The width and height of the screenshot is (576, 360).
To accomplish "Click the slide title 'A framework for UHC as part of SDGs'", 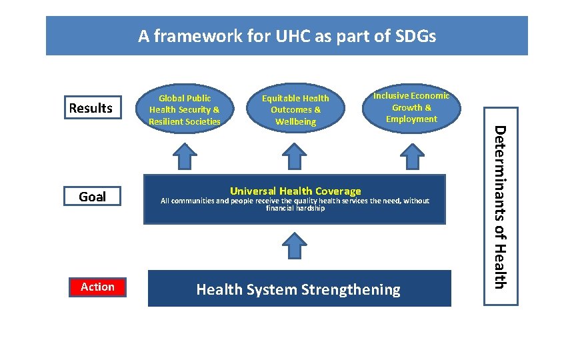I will (x=287, y=36).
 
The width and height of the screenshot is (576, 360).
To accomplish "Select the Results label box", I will (x=92, y=108).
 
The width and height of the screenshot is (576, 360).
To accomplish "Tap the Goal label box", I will (x=92, y=196).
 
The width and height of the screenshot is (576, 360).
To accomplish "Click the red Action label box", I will (x=97, y=287).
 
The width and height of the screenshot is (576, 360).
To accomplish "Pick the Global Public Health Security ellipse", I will (x=185, y=110).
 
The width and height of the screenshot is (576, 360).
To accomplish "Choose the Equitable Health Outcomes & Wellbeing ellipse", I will (x=295, y=110).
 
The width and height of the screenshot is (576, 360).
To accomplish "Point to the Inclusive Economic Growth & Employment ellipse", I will (x=411, y=107).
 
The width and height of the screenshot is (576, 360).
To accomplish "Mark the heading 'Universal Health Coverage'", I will (x=295, y=191).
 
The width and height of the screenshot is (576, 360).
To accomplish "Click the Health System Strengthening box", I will (x=299, y=289).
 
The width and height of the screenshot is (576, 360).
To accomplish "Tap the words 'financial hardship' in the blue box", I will (x=295, y=209).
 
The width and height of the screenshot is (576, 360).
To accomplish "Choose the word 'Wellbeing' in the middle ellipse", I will (x=295, y=122).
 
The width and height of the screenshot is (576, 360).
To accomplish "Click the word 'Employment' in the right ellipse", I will (x=411, y=119).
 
